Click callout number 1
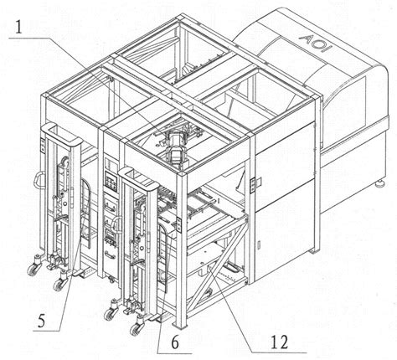point(18,28)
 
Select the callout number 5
point(41,321)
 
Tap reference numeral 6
point(175,342)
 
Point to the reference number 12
point(280,342)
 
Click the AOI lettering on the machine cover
point(317,44)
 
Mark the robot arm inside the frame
point(175,146)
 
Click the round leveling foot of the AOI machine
point(381,183)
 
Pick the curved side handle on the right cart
point(115,227)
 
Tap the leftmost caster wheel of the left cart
point(34,270)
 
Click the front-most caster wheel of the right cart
point(136,329)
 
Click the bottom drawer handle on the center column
point(110,255)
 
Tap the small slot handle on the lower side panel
point(258,244)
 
